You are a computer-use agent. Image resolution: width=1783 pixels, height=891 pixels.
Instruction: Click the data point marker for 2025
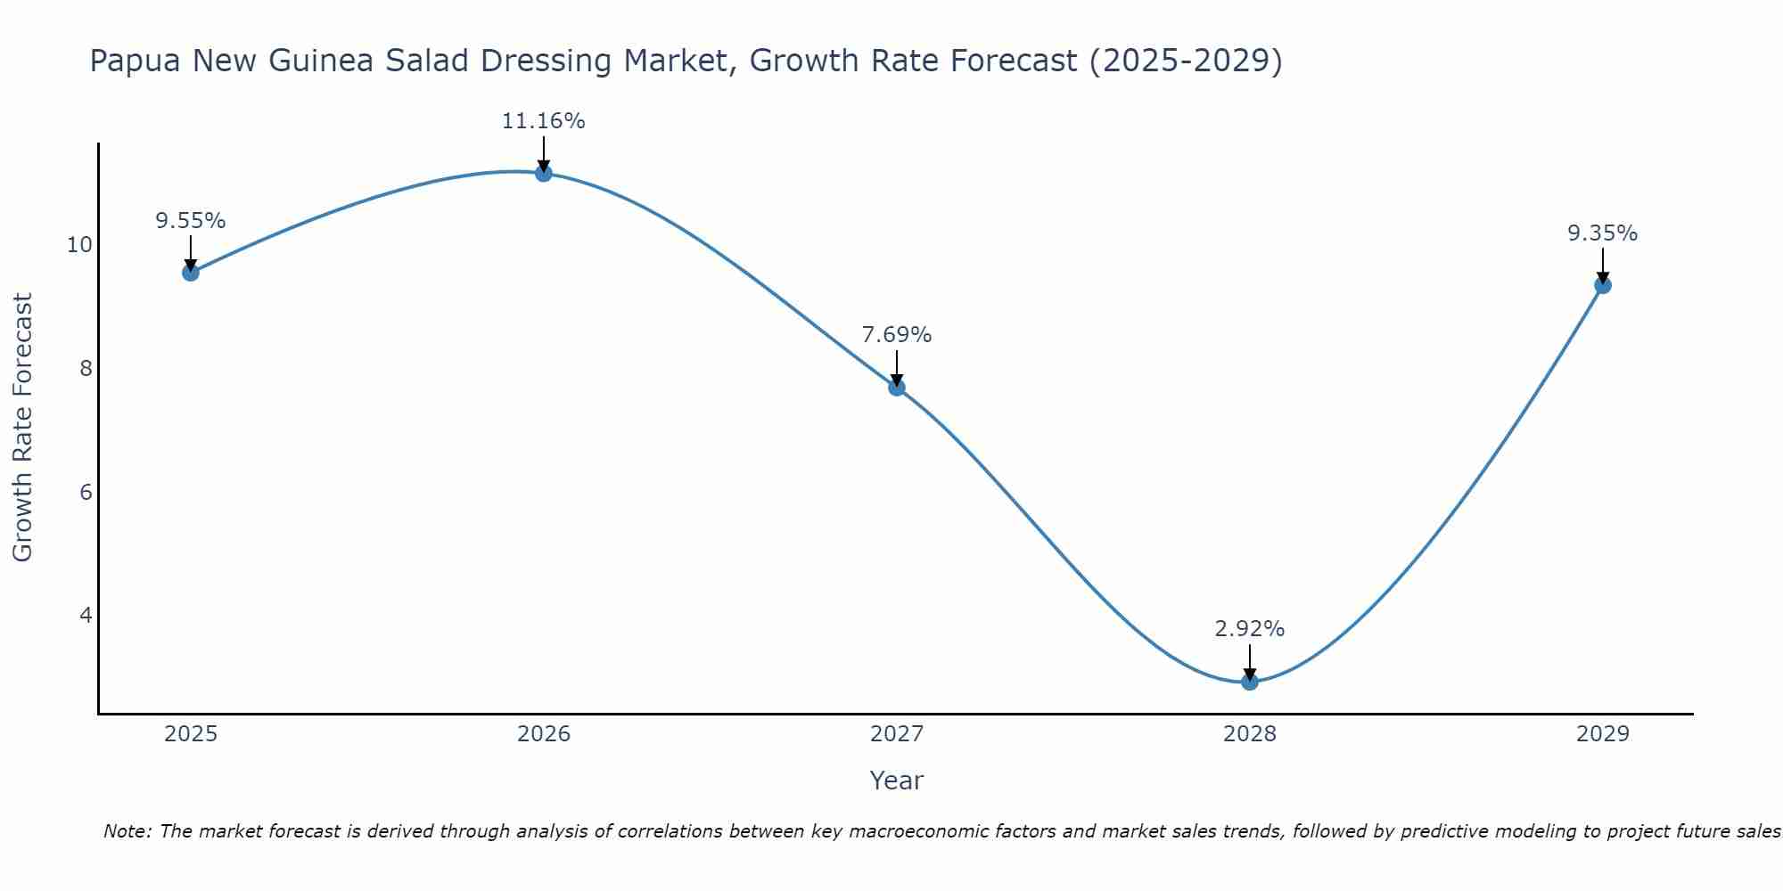[190, 272]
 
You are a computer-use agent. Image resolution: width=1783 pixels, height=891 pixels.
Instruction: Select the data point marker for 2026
[543, 173]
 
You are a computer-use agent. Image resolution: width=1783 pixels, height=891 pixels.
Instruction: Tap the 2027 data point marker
[896, 387]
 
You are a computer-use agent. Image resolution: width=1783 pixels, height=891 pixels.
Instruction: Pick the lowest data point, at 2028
[1249, 682]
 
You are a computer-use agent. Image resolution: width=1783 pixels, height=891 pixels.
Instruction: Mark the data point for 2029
[1602, 285]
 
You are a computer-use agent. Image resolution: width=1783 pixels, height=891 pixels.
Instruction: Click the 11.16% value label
[543, 121]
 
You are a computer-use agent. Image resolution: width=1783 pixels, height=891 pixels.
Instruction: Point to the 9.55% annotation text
[190, 221]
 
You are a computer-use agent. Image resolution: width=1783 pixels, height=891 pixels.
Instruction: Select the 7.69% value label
[896, 335]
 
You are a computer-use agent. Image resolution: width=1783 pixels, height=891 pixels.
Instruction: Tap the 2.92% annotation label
[1249, 629]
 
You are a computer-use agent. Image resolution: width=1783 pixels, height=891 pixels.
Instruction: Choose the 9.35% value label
[1602, 233]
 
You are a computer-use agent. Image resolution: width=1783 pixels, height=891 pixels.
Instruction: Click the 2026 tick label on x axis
[544, 734]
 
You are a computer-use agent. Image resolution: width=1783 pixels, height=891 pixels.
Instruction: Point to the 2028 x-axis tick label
[1249, 734]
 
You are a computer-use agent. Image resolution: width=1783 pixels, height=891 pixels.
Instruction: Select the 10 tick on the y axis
[79, 245]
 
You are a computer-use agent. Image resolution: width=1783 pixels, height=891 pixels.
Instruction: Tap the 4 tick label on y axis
[86, 616]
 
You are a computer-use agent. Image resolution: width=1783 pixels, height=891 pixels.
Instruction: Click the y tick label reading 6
[86, 492]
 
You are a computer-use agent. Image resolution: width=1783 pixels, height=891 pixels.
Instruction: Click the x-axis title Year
[896, 781]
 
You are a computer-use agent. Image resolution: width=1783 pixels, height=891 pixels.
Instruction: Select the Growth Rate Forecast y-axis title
[22, 428]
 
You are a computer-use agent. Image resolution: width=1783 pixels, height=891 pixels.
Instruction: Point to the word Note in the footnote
[127, 831]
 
